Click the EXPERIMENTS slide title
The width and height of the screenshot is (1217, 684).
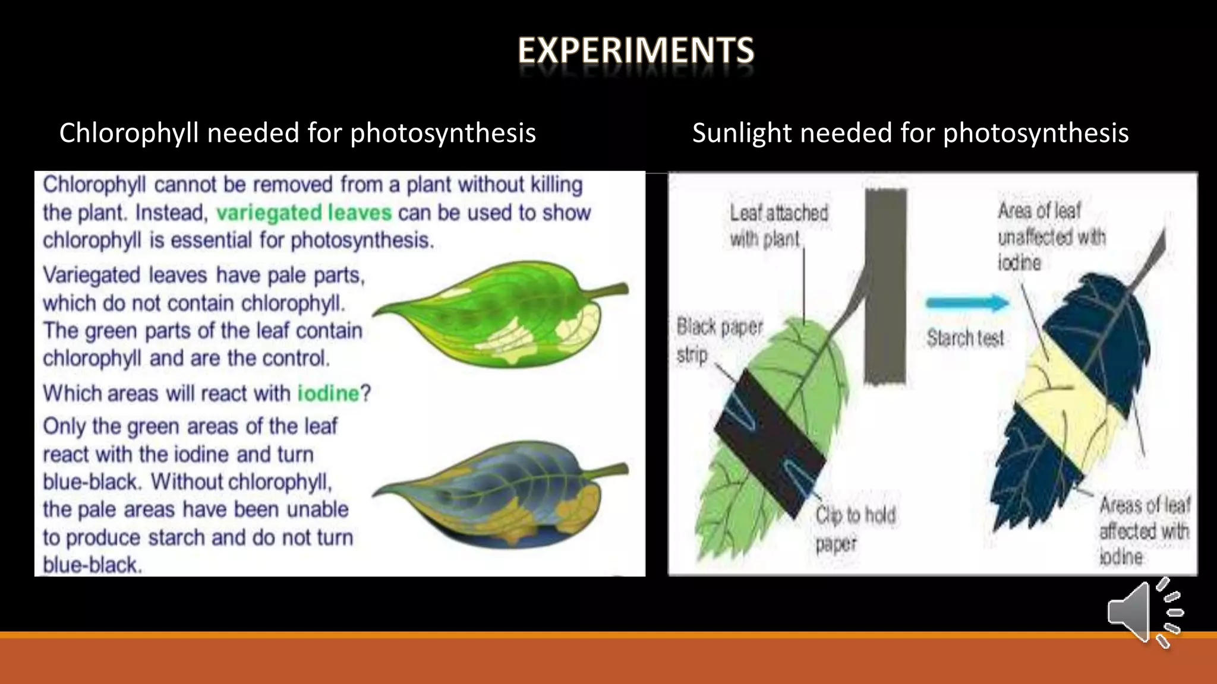636,50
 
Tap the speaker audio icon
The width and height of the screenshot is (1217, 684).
1144,613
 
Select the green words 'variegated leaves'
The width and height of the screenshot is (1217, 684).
304,213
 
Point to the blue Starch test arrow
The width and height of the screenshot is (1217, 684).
967,303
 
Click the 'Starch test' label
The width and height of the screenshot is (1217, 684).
965,338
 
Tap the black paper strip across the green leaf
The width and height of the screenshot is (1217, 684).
770,442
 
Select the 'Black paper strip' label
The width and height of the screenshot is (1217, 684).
718,340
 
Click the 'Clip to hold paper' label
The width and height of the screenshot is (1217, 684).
855,528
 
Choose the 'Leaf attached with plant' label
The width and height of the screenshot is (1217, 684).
778,226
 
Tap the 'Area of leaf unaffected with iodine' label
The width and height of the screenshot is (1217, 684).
1051,237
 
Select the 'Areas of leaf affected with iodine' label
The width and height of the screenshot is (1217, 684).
1144,531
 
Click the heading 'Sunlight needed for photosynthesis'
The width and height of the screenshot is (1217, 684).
910,133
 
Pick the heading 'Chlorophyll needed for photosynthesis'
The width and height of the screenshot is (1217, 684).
297,133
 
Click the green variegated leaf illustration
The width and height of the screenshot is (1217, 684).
499,315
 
